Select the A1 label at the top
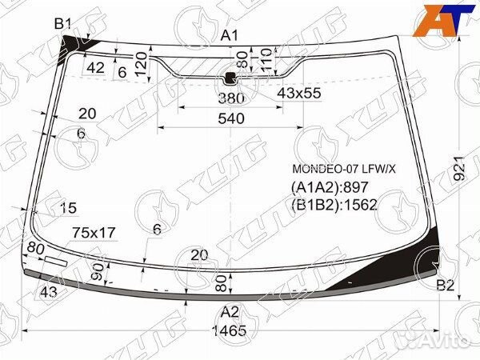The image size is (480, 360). click(230, 35)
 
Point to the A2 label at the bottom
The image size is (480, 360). click(230, 312)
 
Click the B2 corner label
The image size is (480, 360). click(446, 286)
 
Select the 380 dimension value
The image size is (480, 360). click(230, 99)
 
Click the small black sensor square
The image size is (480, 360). click(230, 78)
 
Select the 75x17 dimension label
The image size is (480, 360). click(94, 233)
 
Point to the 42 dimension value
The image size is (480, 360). click(96, 68)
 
